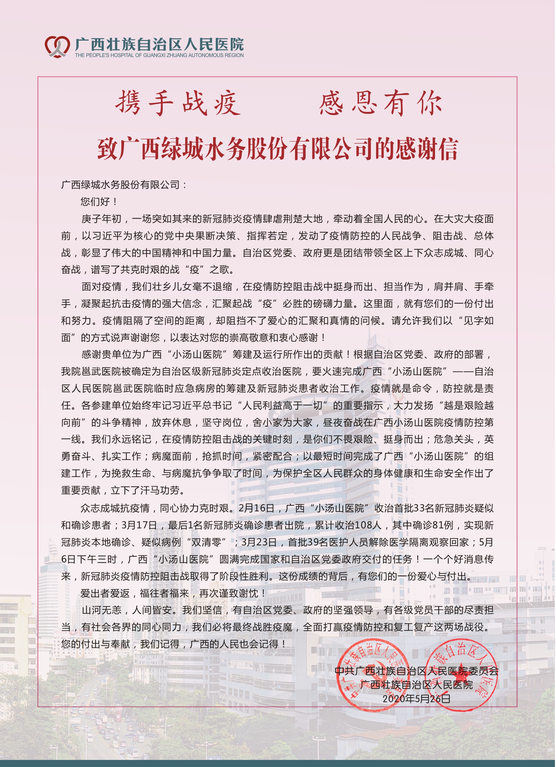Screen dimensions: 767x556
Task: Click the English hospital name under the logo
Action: [159, 55]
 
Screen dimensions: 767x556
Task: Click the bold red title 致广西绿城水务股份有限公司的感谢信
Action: [277, 149]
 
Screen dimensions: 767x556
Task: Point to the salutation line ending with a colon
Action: [124, 185]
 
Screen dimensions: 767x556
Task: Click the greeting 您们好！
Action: [99, 202]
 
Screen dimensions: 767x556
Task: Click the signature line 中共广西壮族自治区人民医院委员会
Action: [416, 671]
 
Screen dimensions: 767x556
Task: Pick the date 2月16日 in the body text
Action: [256, 508]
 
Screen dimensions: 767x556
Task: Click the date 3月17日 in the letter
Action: [139, 525]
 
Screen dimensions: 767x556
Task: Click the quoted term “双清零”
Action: [207, 542]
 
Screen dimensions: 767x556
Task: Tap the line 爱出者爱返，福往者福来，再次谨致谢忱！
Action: [173, 593]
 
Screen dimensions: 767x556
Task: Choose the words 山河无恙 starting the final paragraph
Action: [101, 610]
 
